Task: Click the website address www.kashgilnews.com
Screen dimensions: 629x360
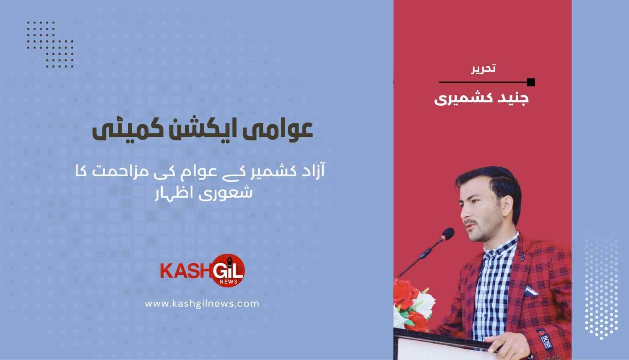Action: coord(202,304)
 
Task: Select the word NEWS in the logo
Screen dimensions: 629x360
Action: coord(229,282)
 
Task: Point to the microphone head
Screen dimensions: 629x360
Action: coord(448,234)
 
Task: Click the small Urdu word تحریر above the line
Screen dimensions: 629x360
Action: coord(483,68)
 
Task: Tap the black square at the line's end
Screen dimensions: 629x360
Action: coord(531,82)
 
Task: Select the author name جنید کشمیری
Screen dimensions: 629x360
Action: coord(481,99)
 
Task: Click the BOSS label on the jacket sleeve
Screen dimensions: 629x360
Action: coord(545,339)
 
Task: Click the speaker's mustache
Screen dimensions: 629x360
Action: coord(471,222)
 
